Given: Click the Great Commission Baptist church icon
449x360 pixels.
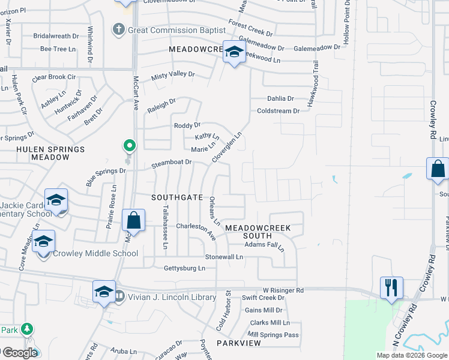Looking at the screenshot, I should (x=119, y=29).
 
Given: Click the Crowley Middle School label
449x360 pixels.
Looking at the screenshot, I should (x=95, y=253).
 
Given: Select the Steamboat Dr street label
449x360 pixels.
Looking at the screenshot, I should (x=171, y=162).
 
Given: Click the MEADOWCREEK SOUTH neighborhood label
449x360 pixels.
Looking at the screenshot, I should (x=258, y=232).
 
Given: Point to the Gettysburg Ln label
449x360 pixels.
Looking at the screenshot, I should (x=184, y=268).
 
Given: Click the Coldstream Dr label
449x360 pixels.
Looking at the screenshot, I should (x=278, y=111).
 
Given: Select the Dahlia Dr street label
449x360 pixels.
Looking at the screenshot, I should (x=280, y=98).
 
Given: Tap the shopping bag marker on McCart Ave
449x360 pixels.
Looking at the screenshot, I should (x=133, y=220).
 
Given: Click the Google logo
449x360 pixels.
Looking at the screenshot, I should (x=19, y=353).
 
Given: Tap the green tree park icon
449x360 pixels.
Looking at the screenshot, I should (x=27, y=329).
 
